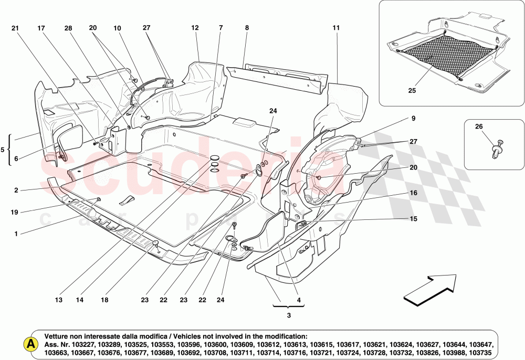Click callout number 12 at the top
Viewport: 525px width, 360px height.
(x=195, y=27)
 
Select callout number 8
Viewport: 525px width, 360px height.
(x=246, y=27)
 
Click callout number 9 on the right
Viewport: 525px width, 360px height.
(x=413, y=119)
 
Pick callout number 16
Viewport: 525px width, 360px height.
(x=413, y=193)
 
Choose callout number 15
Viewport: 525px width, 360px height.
(x=413, y=218)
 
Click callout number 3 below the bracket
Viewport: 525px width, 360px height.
(x=288, y=315)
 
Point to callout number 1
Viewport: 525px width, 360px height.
(x=16, y=234)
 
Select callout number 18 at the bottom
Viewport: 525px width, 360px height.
(x=105, y=300)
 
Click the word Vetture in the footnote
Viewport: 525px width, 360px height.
(x=57, y=336)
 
